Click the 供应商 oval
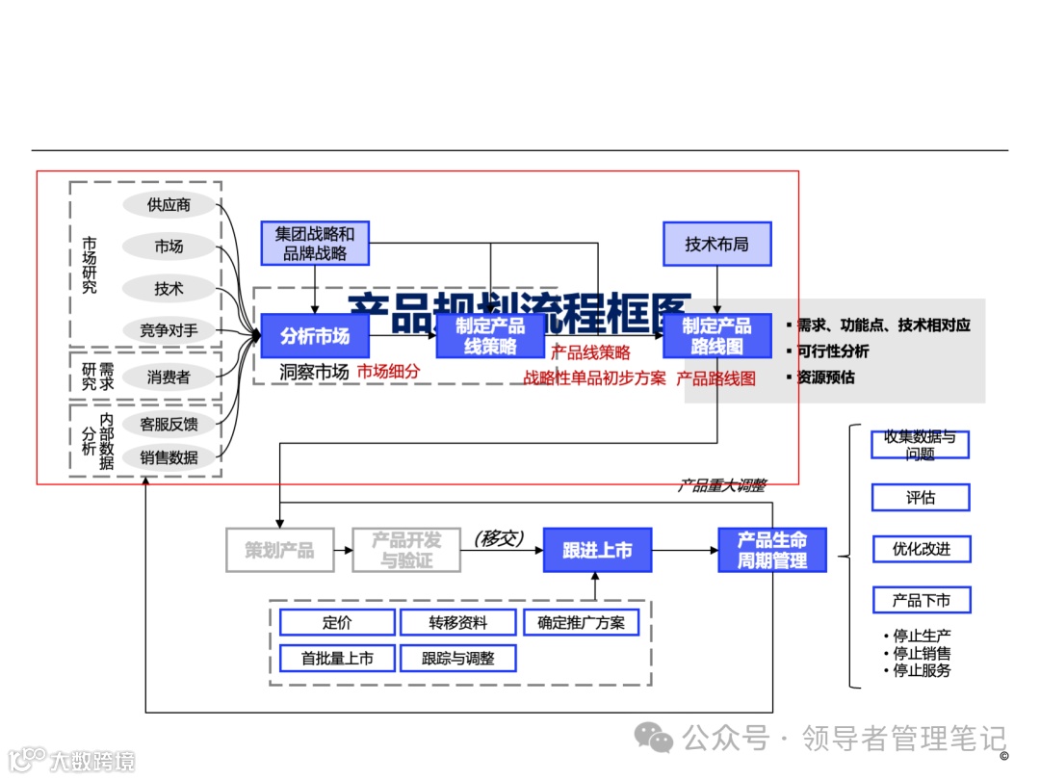pos(169,205)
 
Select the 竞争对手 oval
pos(169,330)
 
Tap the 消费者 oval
pos(169,377)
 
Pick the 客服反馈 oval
pos(169,424)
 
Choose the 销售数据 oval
pos(169,457)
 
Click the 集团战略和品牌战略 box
pos(315,244)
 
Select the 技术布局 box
pos(716,244)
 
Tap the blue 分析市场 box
pos(315,336)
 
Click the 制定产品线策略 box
pos(490,336)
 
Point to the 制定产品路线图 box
pos(716,336)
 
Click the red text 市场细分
pos(389,372)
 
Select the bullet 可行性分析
pos(832,351)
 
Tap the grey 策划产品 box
pos(279,550)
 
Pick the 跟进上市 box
pos(597,550)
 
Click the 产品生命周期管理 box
pos(771,550)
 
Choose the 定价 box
pos(337,623)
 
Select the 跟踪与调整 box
pos(457,659)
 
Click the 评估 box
pos(921,498)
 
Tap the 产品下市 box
pos(921,600)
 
